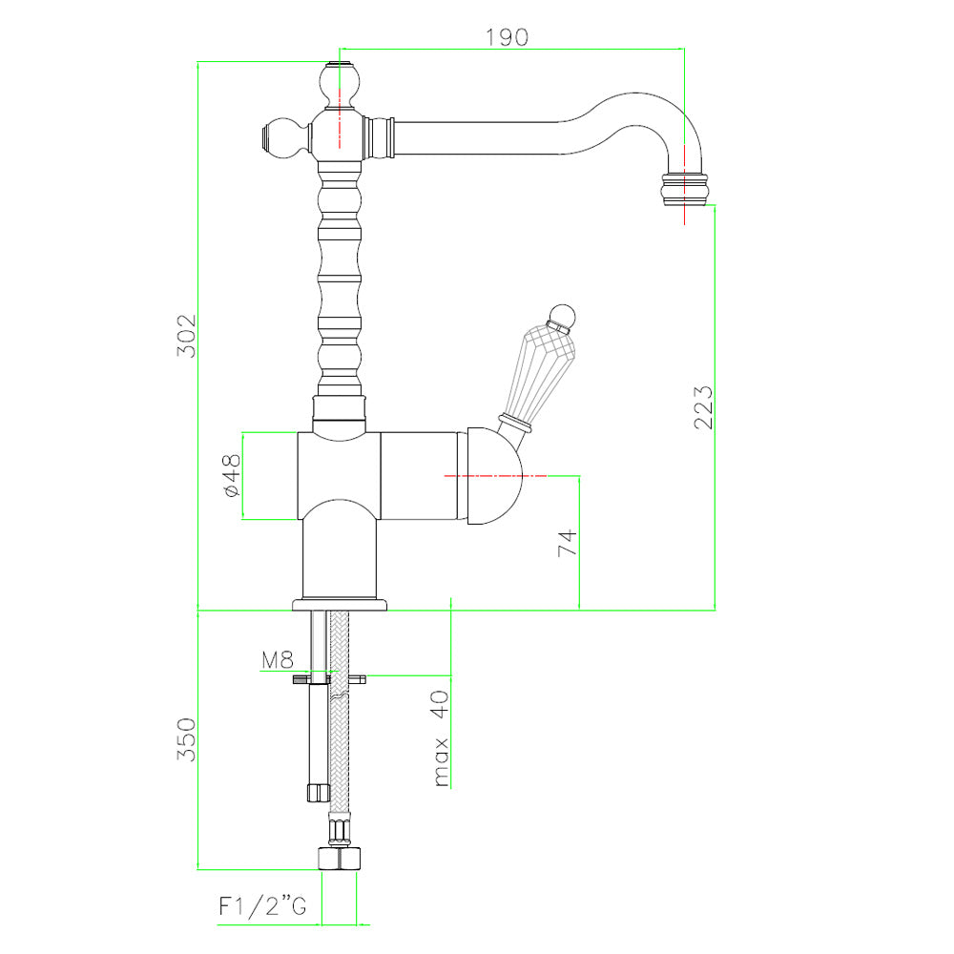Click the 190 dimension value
coord(507,37)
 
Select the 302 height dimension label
coord(187,335)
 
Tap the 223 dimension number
coord(703,407)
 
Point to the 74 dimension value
coord(567,542)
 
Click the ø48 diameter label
coord(232,476)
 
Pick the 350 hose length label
coord(187,739)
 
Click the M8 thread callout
coord(278,659)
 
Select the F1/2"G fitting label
coord(263,906)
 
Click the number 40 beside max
coord(440,704)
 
